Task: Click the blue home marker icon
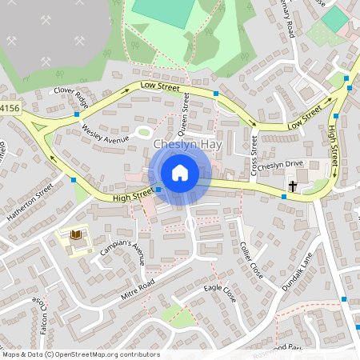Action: (x=180, y=173)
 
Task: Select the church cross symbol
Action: (x=293, y=186)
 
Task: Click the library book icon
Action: (x=77, y=234)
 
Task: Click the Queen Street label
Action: (x=185, y=113)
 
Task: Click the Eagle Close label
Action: (x=220, y=292)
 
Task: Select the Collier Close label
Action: (x=251, y=259)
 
